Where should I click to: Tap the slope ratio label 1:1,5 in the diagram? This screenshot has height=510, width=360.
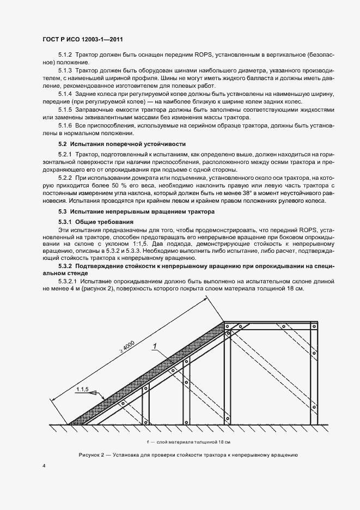coord(82,389)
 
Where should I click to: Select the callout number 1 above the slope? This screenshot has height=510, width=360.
coord(155,345)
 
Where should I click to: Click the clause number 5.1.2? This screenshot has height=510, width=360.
coord(65,56)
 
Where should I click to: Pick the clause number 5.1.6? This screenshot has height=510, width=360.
coord(65,126)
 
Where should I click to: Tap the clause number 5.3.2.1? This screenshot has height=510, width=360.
coord(68,281)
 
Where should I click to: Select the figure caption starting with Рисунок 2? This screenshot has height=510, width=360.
coord(187,454)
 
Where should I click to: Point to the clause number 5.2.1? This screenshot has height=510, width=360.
coord(65,155)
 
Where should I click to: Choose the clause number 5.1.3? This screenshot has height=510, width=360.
coord(65,71)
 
